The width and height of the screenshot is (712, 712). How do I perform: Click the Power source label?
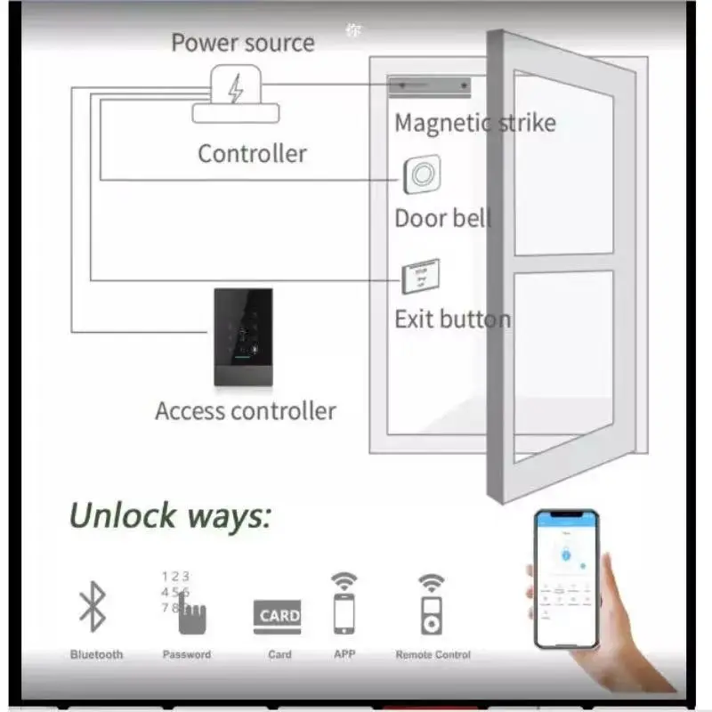click(242, 43)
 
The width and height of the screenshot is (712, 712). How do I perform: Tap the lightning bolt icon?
click(236, 89)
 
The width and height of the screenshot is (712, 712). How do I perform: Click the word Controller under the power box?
click(252, 153)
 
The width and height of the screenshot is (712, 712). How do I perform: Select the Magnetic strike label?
click(474, 123)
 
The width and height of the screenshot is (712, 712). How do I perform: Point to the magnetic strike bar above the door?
click(429, 86)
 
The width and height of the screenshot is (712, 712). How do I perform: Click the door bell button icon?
click(422, 174)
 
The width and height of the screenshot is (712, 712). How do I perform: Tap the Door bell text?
click(442, 218)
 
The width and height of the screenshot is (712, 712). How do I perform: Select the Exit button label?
click(452, 319)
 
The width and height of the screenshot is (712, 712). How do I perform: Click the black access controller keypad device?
click(243, 336)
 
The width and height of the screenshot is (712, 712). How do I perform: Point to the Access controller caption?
click(245, 411)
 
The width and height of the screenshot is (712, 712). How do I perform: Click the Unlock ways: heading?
click(170, 515)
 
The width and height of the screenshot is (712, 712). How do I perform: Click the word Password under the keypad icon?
click(187, 655)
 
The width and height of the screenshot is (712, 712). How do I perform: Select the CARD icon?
click(279, 616)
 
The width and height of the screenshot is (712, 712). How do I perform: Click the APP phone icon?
click(344, 611)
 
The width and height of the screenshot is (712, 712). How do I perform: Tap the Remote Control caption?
click(433, 655)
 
